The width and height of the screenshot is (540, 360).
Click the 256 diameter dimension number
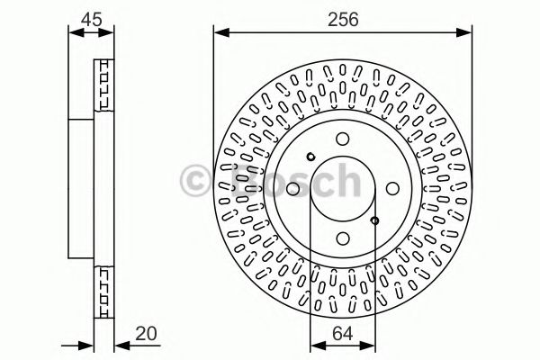pos(343,19)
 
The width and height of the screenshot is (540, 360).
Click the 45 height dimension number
pos(92,19)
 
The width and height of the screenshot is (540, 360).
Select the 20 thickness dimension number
pos(146,334)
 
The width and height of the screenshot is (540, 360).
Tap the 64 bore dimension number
pos(343,334)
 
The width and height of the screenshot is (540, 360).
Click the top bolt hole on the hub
pos(343,139)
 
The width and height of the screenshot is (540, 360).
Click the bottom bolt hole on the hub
pos(343,238)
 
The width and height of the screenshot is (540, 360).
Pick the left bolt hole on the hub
pos(293,189)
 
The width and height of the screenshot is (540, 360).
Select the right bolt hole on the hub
pos(392,189)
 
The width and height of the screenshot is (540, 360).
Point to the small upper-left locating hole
pos(310,157)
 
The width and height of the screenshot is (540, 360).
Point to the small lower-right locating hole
pos(375,220)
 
